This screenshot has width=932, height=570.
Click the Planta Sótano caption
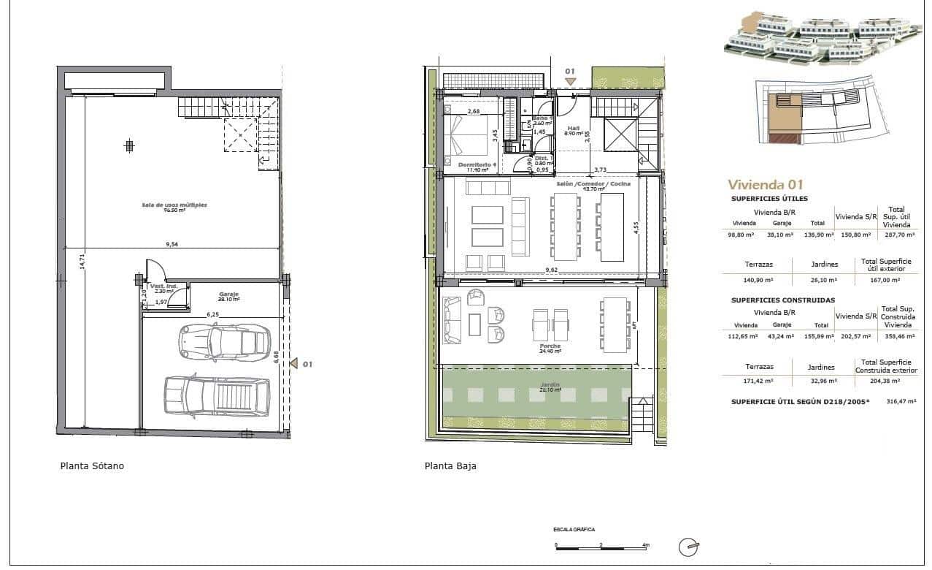pos(92,465)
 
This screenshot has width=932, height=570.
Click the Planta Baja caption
pos(450,465)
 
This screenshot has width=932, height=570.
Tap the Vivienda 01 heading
pos(765,185)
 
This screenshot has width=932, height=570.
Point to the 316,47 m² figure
pos(901,401)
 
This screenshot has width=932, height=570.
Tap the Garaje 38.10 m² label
pos(228,296)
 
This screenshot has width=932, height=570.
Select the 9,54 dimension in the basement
pos(172,245)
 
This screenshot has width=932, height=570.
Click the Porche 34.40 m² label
pos(550,348)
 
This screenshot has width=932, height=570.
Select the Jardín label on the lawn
pos(550,387)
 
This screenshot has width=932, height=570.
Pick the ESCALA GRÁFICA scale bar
pos(601,544)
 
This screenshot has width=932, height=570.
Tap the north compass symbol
pos(688,546)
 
